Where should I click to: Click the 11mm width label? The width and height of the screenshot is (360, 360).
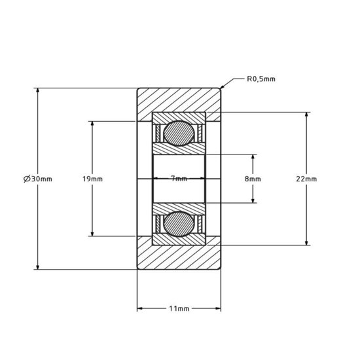[x=179, y=308]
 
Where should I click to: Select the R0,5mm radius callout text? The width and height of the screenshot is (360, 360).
[x=261, y=79]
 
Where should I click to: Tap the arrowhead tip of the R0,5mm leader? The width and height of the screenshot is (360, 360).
[x=221, y=88]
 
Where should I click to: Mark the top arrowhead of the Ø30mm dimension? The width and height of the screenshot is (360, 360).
[x=38, y=88]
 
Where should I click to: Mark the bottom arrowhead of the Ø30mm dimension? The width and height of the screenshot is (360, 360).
[x=38, y=268]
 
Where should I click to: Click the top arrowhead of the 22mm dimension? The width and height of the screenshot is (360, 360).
[x=306, y=113]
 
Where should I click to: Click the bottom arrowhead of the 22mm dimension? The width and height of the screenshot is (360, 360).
[x=306, y=243]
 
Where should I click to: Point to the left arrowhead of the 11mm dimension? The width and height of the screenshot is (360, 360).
[x=138, y=308]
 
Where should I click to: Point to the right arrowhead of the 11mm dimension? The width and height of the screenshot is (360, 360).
[x=219, y=308]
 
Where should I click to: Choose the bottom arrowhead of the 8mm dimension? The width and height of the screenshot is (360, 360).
[x=253, y=202]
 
